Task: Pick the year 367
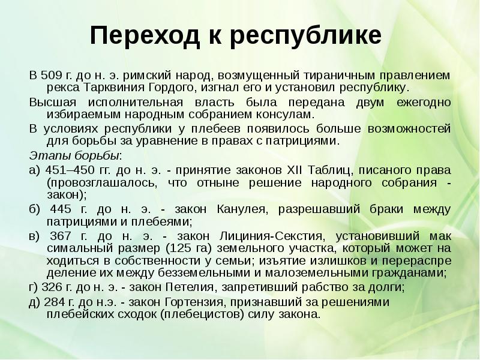pos(60,236)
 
